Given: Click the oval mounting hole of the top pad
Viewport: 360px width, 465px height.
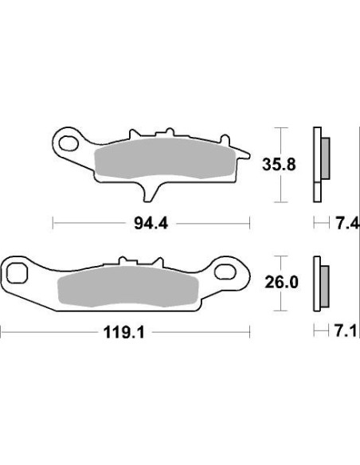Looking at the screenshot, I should point(71,144).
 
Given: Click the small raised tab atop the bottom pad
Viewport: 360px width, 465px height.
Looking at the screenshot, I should point(123,261).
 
